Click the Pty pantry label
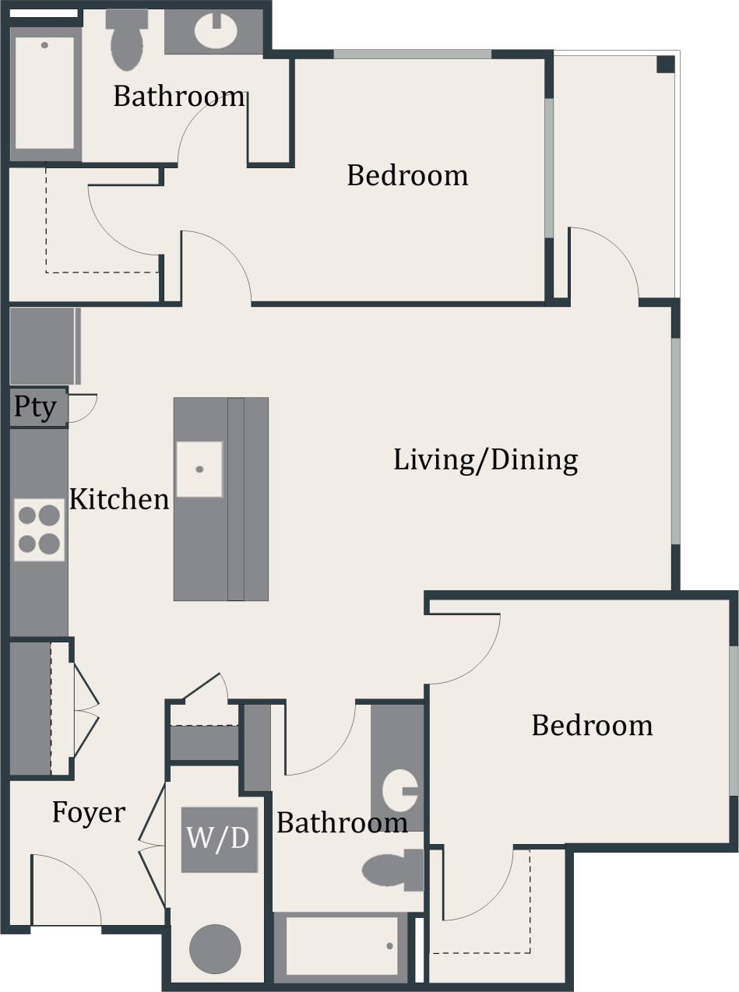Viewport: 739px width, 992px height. [35, 407]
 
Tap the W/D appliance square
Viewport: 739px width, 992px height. [219, 839]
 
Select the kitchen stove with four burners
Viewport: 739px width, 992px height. [39, 529]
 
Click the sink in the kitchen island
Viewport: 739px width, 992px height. [199, 469]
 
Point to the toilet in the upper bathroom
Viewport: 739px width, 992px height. [127, 40]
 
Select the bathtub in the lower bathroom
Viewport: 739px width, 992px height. [343, 945]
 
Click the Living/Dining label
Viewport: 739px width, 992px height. [485, 460]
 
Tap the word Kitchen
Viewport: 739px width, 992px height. [119, 500]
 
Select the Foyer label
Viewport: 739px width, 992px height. [88, 813]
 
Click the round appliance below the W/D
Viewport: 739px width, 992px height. [215, 948]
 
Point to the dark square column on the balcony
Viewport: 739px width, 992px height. [665, 64]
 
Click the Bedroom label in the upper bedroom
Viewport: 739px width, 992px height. [407, 175]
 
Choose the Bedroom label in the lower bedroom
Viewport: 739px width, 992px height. [592, 726]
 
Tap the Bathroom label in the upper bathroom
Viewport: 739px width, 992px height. [179, 97]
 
